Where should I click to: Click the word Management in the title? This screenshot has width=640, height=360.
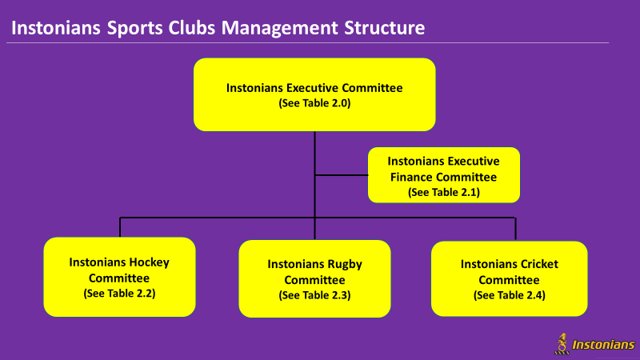[x=279, y=28]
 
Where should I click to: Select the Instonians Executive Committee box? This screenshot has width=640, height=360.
[x=314, y=94]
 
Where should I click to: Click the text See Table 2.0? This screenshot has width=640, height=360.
[x=314, y=103]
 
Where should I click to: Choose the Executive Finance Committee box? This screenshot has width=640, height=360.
[x=444, y=175]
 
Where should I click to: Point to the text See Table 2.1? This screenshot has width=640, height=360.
[x=444, y=192]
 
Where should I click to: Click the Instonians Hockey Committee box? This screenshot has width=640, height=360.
[x=119, y=277]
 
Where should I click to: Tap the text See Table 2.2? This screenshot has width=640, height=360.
[x=119, y=294]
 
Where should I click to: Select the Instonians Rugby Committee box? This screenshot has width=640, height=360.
[x=314, y=278]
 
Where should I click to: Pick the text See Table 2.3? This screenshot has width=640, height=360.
[x=314, y=295]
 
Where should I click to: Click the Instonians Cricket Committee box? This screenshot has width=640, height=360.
[x=510, y=278]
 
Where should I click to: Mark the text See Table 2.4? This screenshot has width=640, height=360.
[x=510, y=295]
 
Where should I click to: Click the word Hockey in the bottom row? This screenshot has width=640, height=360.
[x=148, y=262]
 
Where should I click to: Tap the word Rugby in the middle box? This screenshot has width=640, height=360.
[x=344, y=265]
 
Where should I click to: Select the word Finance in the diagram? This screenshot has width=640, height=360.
[x=414, y=177]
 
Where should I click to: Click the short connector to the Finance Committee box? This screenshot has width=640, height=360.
[x=342, y=175]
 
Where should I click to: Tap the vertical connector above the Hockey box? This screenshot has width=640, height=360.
[x=120, y=227]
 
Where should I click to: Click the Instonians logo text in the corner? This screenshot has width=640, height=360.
[x=603, y=345]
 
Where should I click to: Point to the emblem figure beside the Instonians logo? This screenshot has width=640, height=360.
[x=562, y=344]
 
